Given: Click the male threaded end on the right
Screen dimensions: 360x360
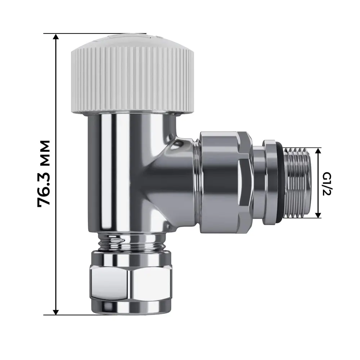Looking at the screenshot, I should click(x=295, y=183).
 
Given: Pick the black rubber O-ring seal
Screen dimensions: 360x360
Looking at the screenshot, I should click(x=281, y=183).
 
